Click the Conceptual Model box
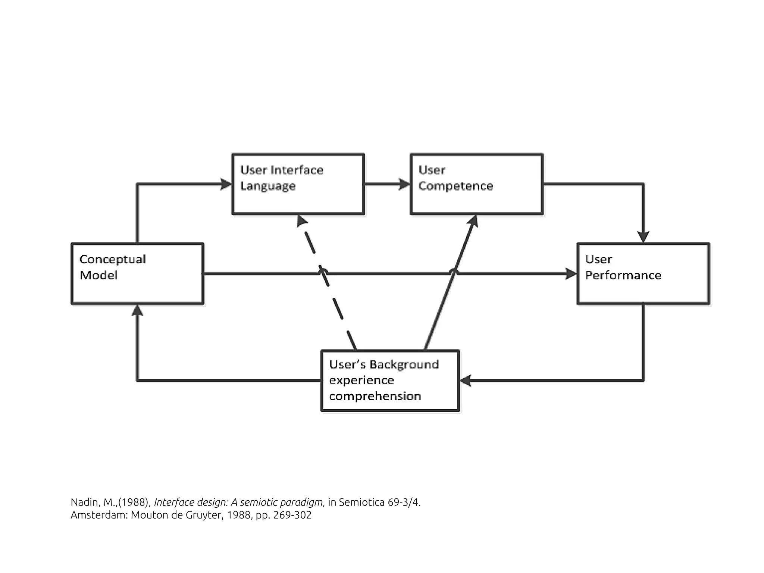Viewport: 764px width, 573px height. pos(137,273)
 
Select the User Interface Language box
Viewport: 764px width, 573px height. pos(298,184)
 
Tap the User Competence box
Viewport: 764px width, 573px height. pos(476,184)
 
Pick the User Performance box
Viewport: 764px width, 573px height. pos(643,273)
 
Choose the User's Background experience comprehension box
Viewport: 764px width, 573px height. pos(390,381)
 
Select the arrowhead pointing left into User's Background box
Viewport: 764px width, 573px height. pos(466,381)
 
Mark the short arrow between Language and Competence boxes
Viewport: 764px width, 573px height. pos(386,184)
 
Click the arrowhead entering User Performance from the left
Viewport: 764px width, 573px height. pos(571,273)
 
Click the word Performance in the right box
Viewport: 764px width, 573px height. pos(623,275)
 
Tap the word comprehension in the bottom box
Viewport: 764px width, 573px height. pos(375,396)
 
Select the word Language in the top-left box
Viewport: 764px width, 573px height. pos(268,186)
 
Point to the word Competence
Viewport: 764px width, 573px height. pos(455,186)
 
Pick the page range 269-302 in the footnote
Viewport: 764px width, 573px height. pos(292,515)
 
